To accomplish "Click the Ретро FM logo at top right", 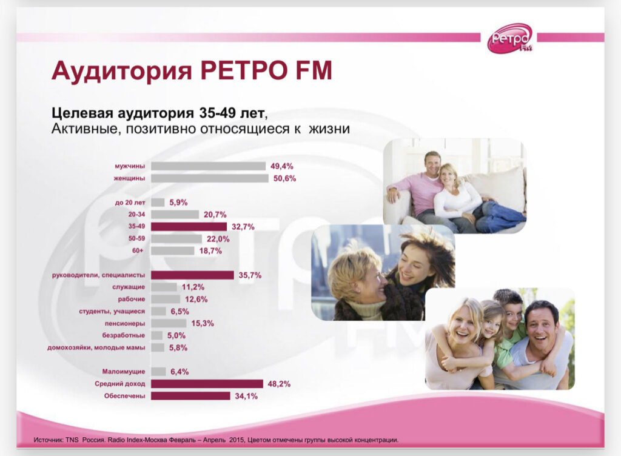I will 510,38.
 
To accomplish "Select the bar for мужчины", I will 208,166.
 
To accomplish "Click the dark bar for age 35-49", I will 189,226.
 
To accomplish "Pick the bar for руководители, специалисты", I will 192,275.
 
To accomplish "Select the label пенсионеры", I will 125,323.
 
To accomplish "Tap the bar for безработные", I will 156,335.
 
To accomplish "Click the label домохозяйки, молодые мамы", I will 96,347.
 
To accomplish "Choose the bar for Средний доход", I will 207,384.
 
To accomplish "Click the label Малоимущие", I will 126,372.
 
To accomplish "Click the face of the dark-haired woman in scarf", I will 414,267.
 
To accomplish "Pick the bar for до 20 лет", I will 158,202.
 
